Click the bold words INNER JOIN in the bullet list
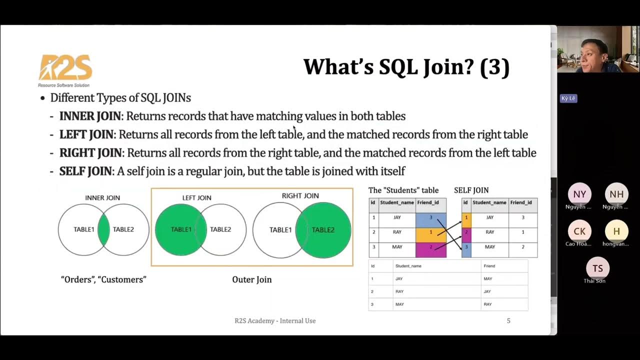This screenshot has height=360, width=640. click(x=90, y=116)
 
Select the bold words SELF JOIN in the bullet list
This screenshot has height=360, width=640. click(x=85, y=171)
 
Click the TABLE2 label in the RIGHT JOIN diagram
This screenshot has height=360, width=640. click(x=323, y=230)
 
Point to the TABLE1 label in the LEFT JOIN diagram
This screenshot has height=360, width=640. click(x=181, y=229)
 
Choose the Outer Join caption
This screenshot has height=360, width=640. click(x=252, y=279)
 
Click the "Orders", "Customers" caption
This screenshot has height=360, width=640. click(x=103, y=279)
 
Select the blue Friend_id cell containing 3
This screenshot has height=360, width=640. click(x=430, y=218)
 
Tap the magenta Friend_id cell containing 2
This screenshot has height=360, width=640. click(x=430, y=247)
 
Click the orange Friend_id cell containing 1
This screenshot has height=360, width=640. click(x=430, y=232)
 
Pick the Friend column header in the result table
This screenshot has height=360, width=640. click(x=488, y=266)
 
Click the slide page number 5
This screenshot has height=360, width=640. click(x=508, y=321)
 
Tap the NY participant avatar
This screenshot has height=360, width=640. click(x=579, y=194)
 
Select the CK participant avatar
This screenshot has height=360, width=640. click(x=579, y=231)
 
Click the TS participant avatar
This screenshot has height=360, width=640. click(x=597, y=268)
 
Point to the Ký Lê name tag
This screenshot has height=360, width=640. click(x=568, y=98)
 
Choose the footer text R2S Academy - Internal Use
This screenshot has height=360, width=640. click(x=275, y=321)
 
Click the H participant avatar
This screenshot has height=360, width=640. click(x=616, y=231)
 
